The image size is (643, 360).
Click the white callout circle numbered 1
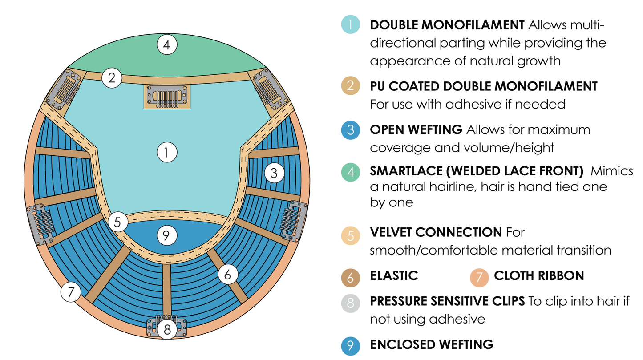pyautogui.click(x=167, y=153)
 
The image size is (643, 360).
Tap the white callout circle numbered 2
pyautogui.click(x=112, y=78)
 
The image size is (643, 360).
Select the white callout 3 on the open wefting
pyautogui.click(x=274, y=173)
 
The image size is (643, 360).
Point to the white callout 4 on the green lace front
pyautogui.click(x=167, y=45)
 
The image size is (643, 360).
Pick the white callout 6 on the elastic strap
pyautogui.click(x=227, y=275)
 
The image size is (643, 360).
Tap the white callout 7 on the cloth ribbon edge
pyautogui.click(x=71, y=292)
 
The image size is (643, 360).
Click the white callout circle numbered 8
pyautogui.click(x=167, y=330)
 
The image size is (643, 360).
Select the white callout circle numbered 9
pyautogui.click(x=166, y=236)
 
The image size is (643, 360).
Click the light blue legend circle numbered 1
pyautogui.click(x=351, y=25)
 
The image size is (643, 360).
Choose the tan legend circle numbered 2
pyautogui.click(x=351, y=86)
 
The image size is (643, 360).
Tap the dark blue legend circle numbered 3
pyautogui.click(x=351, y=129)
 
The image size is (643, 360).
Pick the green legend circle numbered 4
pyautogui.click(x=351, y=172)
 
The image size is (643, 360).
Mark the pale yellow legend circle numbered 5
pyautogui.click(x=351, y=236)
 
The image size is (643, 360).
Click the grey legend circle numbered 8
pyautogui.click(x=351, y=303)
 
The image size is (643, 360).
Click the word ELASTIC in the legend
pyautogui.click(x=394, y=276)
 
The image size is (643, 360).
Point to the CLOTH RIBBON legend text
pyautogui.click(x=538, y=276)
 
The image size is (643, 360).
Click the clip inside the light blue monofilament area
pyautogui.click(x=166, y=97)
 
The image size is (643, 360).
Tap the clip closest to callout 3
pyautogui.click(x=293, y=221)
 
